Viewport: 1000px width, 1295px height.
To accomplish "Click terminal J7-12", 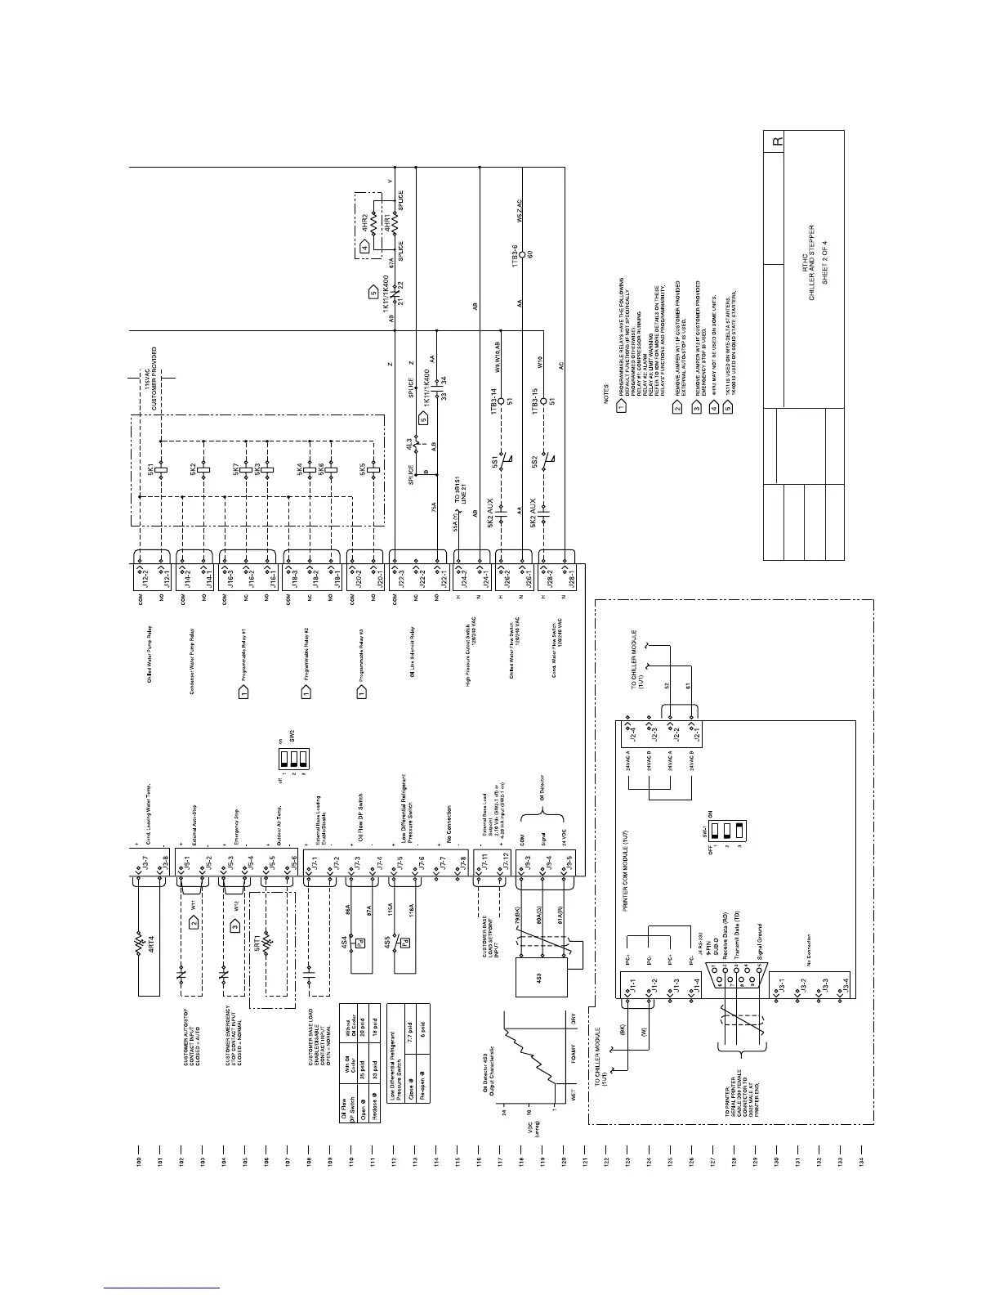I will point(507,863).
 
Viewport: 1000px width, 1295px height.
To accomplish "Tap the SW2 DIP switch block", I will point(290,762).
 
